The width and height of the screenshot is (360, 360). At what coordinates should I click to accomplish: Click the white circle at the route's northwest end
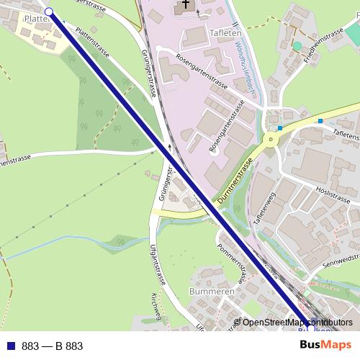tap(49, 12)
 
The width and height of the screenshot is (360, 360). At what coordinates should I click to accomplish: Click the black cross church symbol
tap(186, 6)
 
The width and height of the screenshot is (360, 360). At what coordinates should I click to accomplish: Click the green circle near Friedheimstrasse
tap(297, 46)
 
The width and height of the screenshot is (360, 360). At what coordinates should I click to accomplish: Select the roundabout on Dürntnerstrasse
tap(272, 138)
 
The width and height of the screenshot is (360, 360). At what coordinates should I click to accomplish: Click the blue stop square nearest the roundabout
tap(280, 128)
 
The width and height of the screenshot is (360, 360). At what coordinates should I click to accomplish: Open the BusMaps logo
tap(326, 346)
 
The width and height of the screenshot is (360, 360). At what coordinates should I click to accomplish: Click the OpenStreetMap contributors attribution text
tap(297, 323)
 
